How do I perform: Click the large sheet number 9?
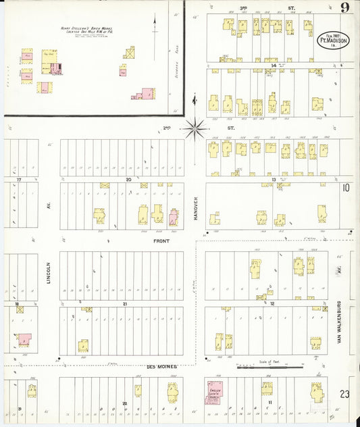pyautogui.click(x=344, y=8)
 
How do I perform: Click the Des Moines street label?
pyautogui.click(x=161, y=367)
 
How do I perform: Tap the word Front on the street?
pyautogui.click(x=161, y=241)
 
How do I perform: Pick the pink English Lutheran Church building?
pyautogui.click(x=216, y=392)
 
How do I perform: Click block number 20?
pyautogui.click(x=128, y=180)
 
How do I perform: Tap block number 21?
pyautogui.click(x=125, y=304)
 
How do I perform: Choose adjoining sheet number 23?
pyautogui.click(x=345, y=394)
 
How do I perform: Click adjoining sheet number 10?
pyautogui.click(x=345, y=188)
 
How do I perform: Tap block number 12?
pyautogui.click(x=273, y=304)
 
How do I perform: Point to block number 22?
pyautogui.click(x=125, y=403)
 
